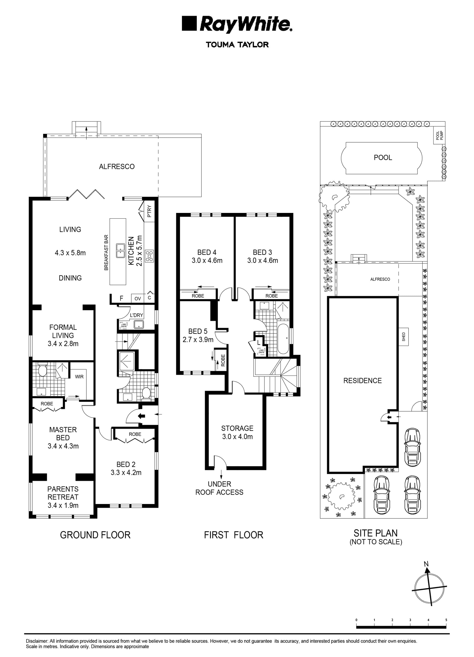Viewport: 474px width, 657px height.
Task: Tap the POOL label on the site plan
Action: click(383, 158)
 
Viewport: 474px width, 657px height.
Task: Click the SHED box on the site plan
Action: click(404, 337)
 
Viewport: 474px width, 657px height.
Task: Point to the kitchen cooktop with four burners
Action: click(150, 256)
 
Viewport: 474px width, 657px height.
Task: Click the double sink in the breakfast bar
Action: click(120, 251)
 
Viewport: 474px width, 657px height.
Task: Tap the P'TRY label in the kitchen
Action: click(149, 211)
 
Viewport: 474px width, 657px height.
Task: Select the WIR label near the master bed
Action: click(79, 376)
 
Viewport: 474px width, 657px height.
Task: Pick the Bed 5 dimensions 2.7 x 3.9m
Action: click(198, 339)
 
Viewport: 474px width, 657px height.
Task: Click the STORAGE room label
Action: click(237, 428)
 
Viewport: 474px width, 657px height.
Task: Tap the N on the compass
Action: click(426, 564)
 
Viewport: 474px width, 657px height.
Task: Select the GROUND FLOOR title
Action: click(95, 535)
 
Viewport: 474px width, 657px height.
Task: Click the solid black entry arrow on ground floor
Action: click(141, 416)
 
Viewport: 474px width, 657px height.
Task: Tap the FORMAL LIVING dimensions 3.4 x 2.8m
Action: click(63, 344)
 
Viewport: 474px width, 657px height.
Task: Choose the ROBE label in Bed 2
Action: click(135, 434)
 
